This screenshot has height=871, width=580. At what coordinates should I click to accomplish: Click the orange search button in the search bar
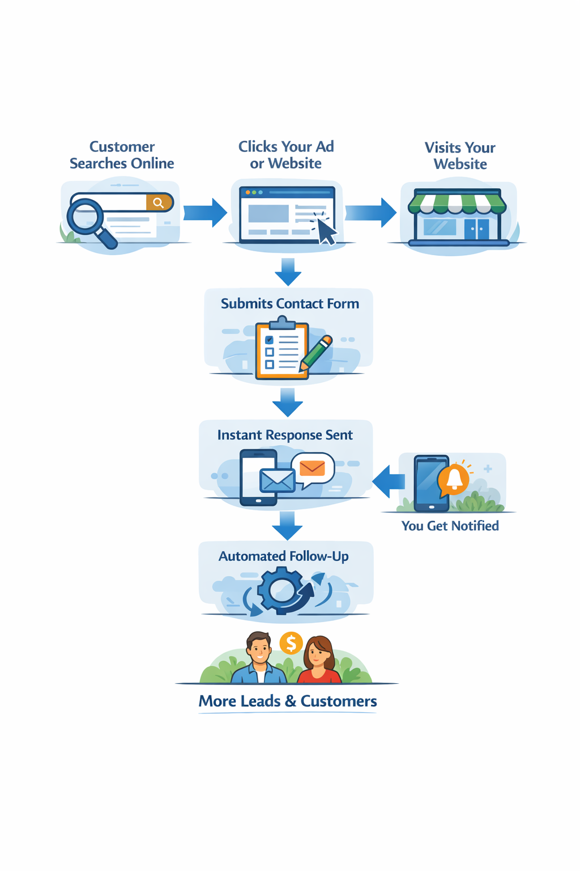159,202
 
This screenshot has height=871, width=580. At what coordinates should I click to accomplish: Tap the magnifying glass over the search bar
86,218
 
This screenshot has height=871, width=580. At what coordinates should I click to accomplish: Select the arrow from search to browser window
205,213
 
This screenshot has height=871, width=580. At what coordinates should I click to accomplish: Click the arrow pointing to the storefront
371,213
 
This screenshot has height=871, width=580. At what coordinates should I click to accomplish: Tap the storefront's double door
476,229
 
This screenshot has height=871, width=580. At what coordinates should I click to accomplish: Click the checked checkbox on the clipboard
270,340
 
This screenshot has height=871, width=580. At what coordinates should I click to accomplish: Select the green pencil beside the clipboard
316,353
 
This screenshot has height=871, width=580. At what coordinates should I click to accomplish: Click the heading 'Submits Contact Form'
289,303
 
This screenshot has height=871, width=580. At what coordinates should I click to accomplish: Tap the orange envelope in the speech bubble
312,468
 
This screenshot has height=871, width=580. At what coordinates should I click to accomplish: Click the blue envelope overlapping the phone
277,481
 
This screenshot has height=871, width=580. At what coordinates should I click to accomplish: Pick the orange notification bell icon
454,479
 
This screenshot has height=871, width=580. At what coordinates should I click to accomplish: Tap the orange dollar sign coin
291,643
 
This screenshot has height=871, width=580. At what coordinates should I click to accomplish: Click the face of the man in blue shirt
259,649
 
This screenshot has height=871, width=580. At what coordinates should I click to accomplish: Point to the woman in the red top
319,661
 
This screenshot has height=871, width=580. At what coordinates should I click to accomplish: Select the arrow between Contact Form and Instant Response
288,402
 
